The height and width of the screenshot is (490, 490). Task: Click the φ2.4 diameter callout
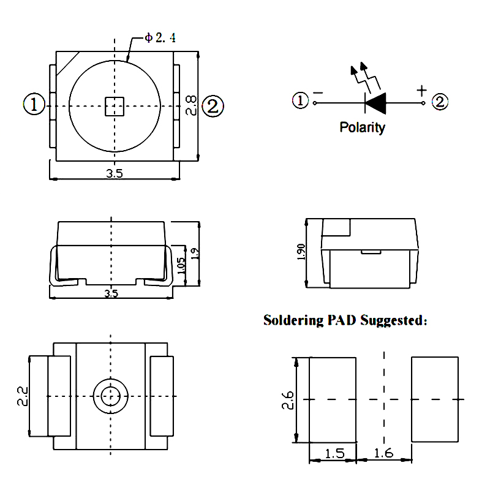[x=160, y=38]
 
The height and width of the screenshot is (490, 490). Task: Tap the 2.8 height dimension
[x=191, y=105]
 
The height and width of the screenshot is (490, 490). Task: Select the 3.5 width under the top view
[x=115, y=173]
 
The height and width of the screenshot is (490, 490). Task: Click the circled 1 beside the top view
[x=34, y=105]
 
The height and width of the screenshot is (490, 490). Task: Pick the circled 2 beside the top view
[x=213, y=106]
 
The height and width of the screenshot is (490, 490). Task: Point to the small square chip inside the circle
[x=114, y=106]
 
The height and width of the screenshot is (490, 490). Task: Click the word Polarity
[x=363, y=128]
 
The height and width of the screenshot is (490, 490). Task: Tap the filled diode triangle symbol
[x=375, y=103]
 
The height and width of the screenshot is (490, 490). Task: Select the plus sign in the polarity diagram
[x=421, y=91]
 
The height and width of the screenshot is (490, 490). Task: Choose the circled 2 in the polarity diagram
[x=440, y=102]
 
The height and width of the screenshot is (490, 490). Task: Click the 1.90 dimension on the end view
[x=300, y=252]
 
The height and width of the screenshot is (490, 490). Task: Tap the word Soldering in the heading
[x=292, y=320]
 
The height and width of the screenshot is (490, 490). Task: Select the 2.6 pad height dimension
[x=290, y=399]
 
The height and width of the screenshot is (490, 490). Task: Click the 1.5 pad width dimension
[x=334, y=454]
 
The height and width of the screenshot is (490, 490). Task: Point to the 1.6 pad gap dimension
[x=383, y=454]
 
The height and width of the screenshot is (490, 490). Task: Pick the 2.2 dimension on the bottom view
[x=23, y=396]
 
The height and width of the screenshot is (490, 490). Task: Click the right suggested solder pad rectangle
[x=435, y=399]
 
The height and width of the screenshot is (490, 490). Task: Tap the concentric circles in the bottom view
[x=111, y=396]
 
